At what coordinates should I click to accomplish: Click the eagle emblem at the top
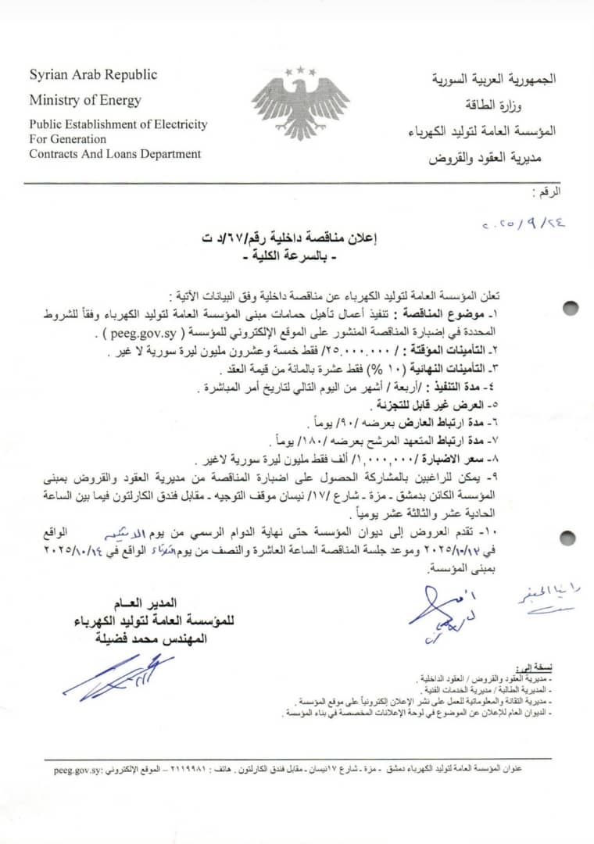pyautogui.click(x=300, y=102)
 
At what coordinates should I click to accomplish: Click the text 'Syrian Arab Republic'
pyautogui.click(x=93, y=75)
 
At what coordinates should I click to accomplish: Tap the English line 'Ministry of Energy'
pyautogui.click(x=85, y=100)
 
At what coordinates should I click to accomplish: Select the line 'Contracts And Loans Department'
pyautogui.click(x=115, y=153)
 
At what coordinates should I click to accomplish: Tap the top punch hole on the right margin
pyautogui.click(x=571, y=306)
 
